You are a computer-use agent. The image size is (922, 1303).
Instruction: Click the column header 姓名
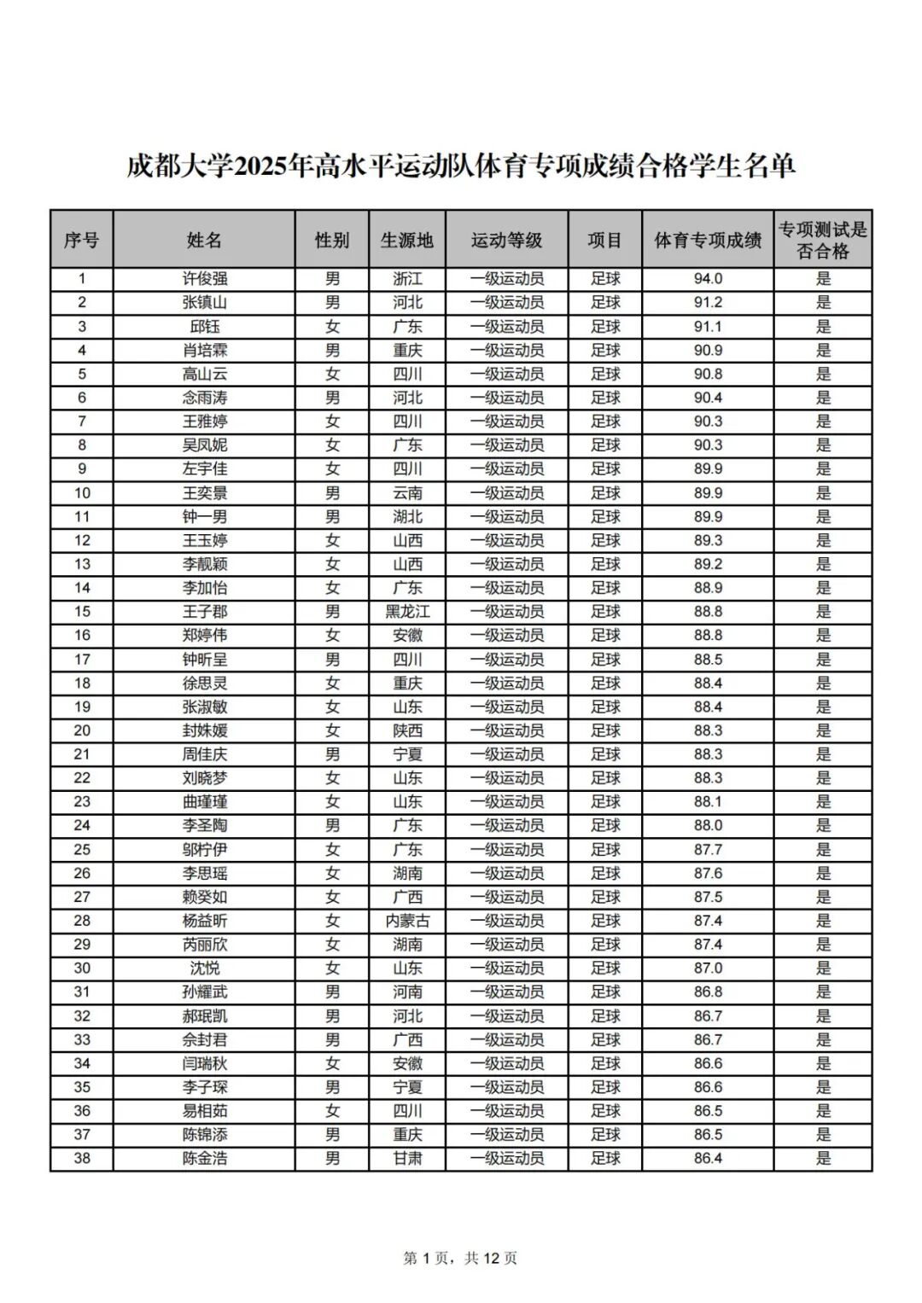point(204,240)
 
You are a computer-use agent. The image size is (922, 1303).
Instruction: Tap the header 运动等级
point(506,240)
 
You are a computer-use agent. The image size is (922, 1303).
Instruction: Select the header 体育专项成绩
point(708,240)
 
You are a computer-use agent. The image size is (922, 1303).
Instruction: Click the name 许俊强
point(204,279)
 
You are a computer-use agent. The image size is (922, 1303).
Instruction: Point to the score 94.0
point(708,279)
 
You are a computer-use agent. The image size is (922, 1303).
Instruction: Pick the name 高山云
point(204,374)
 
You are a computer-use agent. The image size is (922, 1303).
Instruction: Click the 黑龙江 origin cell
point(407,612)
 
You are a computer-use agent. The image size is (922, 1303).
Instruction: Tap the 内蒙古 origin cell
point(407,921)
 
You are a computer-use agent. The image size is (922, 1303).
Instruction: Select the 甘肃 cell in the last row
point(407,1159)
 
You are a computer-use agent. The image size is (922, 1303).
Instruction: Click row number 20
point(82,730)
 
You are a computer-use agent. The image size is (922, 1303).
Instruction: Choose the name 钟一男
point(204,516)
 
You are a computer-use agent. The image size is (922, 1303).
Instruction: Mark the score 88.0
point(708,825)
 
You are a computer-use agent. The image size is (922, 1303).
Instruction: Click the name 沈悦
point(204,969)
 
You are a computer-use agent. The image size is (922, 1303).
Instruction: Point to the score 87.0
point(708,969)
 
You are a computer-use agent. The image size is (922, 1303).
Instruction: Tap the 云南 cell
point(407,493)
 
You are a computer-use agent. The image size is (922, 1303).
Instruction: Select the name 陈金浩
point(204,1159)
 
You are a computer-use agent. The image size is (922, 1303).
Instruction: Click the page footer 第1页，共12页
point(460,1258)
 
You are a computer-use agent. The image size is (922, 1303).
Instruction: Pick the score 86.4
point(708,1159)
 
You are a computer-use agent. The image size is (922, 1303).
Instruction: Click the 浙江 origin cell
point(407,279)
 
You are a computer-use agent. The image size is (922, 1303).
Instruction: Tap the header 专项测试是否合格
point(823,240)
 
